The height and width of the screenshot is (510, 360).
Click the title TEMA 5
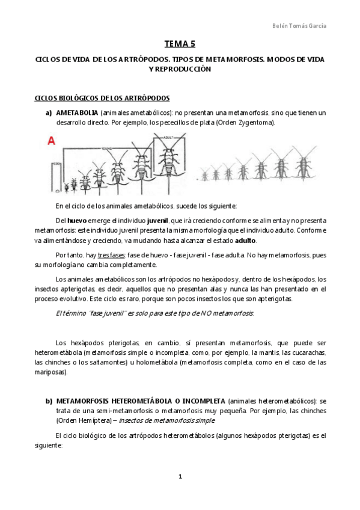(x=180, y=43)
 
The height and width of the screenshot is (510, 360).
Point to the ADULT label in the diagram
(x=160, y=137)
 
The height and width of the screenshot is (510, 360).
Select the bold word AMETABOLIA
(x=78, y=113)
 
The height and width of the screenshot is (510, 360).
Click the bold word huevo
(x=77, y=221)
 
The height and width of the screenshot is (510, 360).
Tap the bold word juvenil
(x=157, y=221)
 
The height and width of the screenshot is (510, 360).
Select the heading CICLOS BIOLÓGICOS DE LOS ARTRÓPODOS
(x=102, y=98)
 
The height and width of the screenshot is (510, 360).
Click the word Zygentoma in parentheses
(x=254, y=123)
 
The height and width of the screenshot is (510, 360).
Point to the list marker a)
(x=47, y=113)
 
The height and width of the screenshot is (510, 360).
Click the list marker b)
(x=48, y=401)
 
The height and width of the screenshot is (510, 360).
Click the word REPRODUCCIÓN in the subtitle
(x=180, y=70)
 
